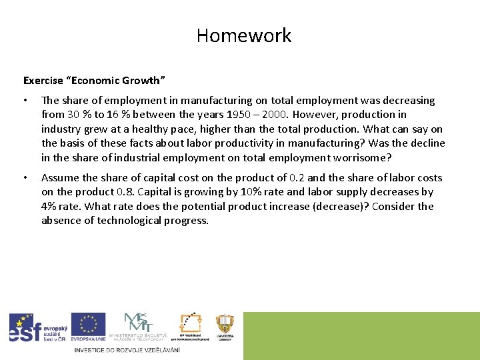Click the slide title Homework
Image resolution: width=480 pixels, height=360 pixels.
click(244, 35)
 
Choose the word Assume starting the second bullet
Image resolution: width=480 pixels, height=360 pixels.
click(61, 178)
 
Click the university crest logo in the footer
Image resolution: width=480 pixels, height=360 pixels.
click(225, 325)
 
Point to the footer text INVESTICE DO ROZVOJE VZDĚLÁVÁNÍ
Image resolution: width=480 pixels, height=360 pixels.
click(127, 350)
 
